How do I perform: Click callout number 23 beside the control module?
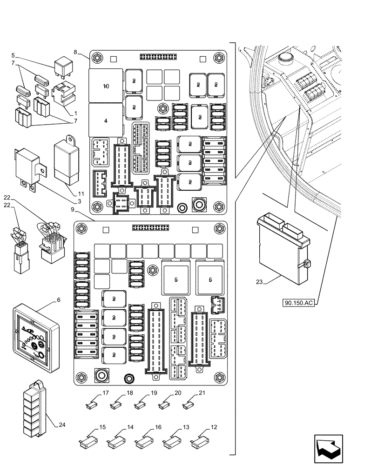point(259,281)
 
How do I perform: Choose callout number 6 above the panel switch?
point(59,301)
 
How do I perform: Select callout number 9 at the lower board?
point(73,210)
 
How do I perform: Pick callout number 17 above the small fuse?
point(106,394)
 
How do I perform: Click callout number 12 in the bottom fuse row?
point(213,427)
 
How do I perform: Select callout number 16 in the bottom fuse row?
point(158,427)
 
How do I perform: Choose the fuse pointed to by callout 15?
point(85,439)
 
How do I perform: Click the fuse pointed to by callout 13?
point(169,438)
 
